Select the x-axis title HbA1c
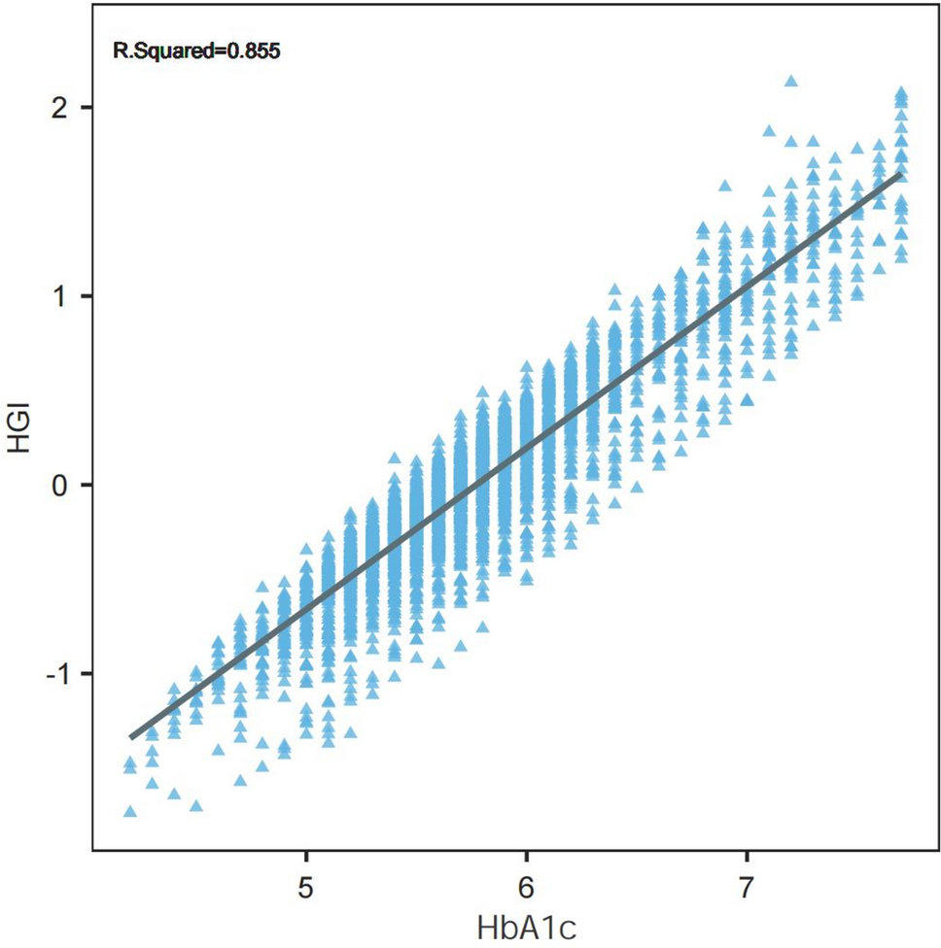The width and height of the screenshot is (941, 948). tap(526, 926)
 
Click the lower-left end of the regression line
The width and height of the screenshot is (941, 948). tap(131, 737)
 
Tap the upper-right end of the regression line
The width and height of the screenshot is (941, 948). tap(900, 175)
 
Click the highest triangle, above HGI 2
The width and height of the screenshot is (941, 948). tap(790, 82)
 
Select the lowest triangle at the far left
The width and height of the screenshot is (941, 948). tap(130, 811)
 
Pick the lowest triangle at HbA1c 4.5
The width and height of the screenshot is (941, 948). tap(196, 805)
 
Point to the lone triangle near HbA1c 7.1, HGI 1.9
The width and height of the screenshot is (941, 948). tap(769, 130)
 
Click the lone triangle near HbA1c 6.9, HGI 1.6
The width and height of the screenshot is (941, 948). tap(724, 186)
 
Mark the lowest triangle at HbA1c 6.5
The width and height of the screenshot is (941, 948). tap(637, 487)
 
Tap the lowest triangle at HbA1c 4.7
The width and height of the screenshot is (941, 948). tap(240, 780)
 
